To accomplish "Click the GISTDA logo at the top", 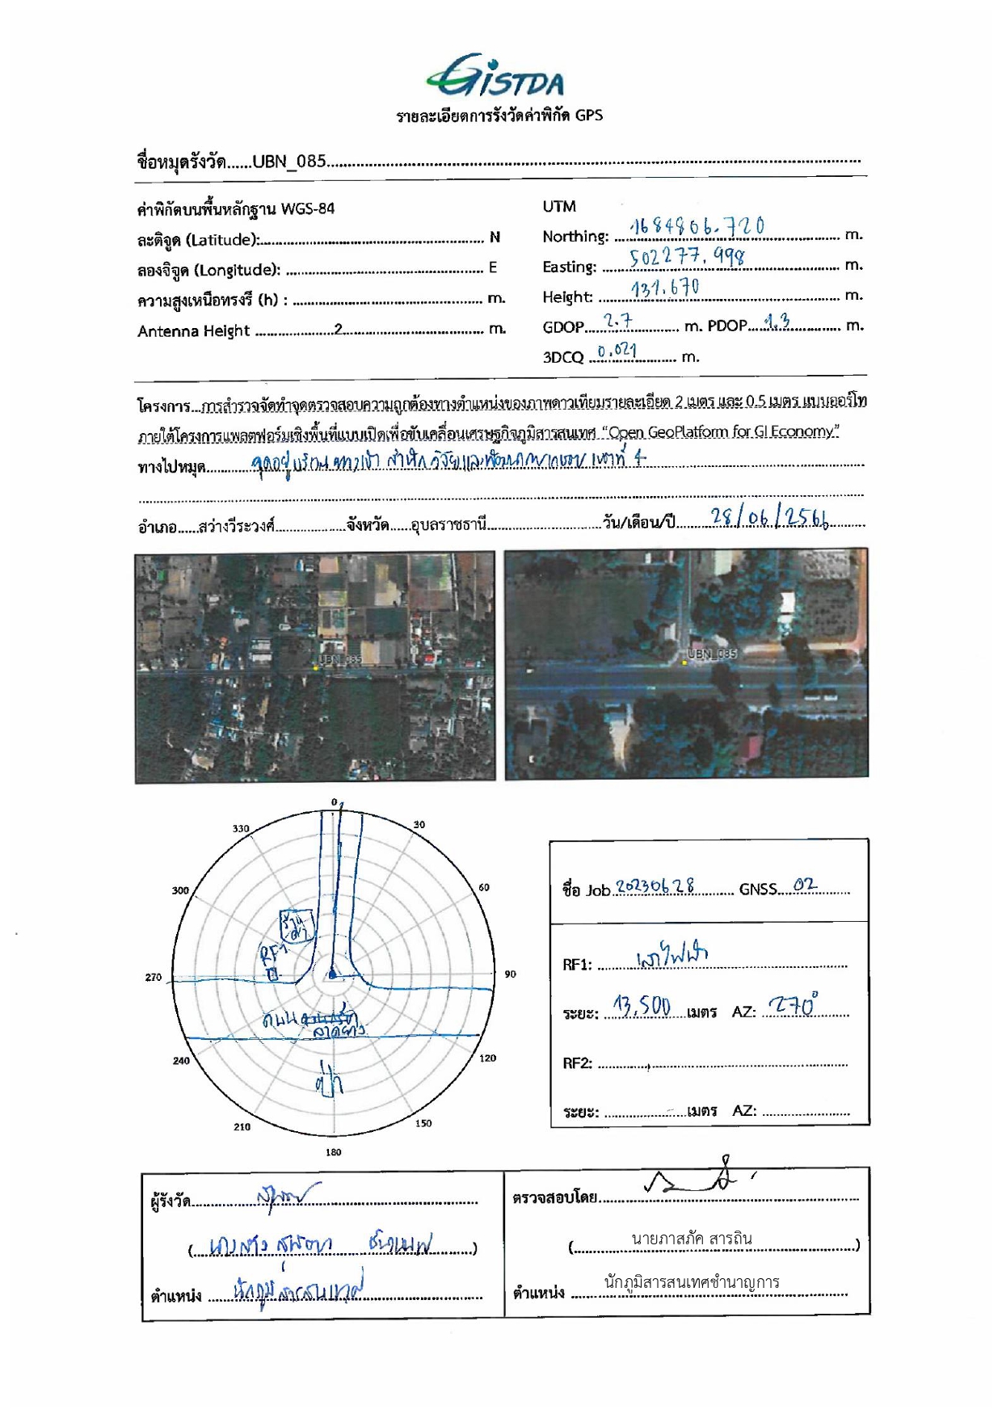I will (x=496, y=77).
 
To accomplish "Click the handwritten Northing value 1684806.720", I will (x=696, y=227).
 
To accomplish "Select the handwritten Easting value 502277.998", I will (x=687, y=258).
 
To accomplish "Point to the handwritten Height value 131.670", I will (x=665, y=288).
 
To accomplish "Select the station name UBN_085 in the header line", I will (x=288, y=162).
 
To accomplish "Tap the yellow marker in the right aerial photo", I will (x=684, y=663).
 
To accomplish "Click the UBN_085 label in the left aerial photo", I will (x=340, y=659).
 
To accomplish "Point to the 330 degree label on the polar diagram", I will (x=241, y=828).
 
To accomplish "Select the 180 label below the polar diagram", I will (x=333, y=1152).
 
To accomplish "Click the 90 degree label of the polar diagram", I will (x=510, y=974).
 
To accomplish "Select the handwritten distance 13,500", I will (x=642, y=1007).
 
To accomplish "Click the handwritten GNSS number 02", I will (x=805, y=885).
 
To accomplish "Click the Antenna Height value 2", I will (x=339, y=330).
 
